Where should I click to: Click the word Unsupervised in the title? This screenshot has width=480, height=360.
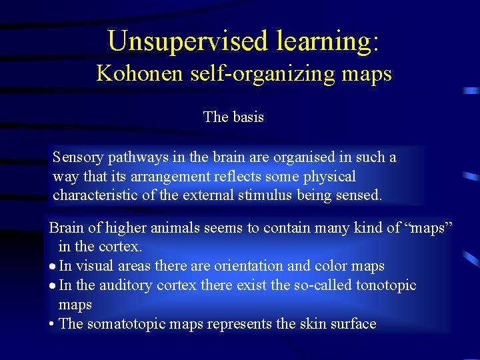(x=184, y=41)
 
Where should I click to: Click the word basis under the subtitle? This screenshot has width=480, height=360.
(x=248, y=117)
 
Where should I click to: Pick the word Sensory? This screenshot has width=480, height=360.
(x=79, y=157)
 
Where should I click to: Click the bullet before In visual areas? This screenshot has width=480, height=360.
(x=52, y=267)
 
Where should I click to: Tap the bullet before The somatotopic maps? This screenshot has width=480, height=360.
(x=52, y=325)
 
